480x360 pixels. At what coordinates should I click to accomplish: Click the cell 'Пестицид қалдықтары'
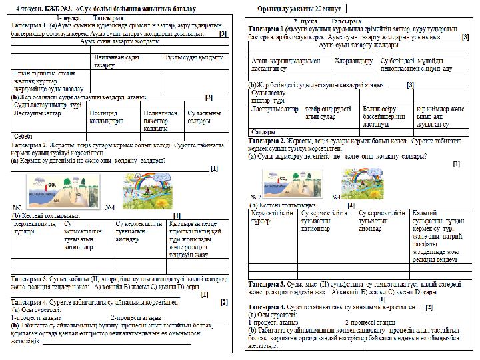[x=106, y=117]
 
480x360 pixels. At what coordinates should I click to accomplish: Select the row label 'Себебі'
[x=24, y=135]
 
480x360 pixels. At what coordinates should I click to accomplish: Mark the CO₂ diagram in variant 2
[x=285, y=181]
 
